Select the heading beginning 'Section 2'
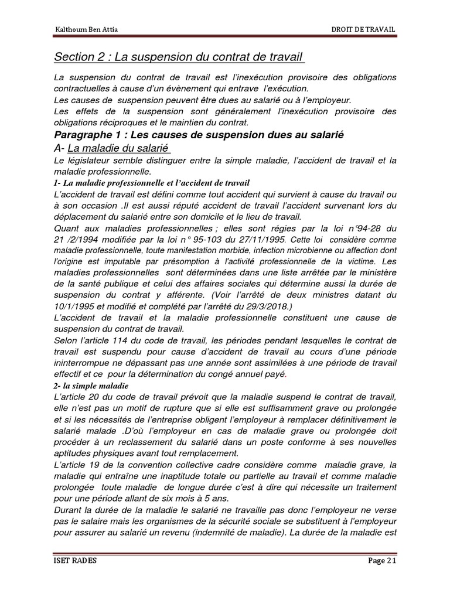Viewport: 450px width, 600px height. pyautogui.click(x=179, y=57)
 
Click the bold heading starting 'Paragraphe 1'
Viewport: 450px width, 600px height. pyautogui.click(x=198, y=135)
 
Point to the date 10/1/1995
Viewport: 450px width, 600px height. pyautogui.click(x=74, y=306)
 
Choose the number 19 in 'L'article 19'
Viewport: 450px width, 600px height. pyautogui.click(x=98, y=464)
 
